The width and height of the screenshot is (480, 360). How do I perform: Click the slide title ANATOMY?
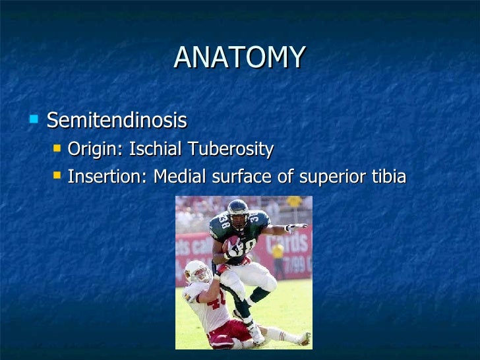point(240,58)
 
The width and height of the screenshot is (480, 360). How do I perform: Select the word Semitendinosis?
point(117,121)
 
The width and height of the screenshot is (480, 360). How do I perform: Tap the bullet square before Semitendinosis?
point(34,119)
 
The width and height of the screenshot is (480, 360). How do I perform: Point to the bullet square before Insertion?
point(57,176)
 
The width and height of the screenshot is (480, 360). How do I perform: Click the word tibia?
point(388,177)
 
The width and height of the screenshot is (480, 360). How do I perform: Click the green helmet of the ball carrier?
point(237,210)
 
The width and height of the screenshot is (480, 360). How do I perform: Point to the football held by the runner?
point(231,245)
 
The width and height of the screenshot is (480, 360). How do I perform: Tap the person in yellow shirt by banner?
point(278,253)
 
